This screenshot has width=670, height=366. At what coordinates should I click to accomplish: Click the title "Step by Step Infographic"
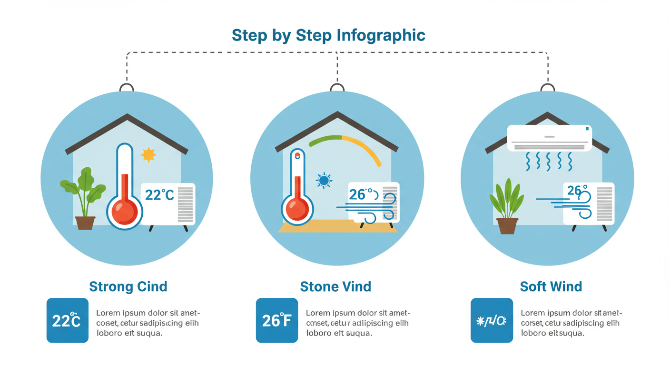328,35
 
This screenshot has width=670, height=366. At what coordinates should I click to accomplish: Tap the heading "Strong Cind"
128,287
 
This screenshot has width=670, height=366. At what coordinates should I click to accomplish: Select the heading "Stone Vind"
335,287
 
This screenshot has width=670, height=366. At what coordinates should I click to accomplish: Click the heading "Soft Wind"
551,287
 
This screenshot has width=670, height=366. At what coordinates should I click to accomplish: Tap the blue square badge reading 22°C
67,320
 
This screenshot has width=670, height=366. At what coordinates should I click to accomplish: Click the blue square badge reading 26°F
277,320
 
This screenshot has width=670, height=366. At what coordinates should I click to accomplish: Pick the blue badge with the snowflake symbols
492,320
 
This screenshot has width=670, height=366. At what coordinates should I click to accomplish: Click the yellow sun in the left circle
148,155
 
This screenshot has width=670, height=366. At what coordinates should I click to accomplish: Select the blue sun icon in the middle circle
324,181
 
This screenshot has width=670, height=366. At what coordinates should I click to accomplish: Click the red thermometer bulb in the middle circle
297,209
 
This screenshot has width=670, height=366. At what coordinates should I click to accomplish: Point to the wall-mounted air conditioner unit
549,137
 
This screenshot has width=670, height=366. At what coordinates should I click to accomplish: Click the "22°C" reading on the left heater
159,195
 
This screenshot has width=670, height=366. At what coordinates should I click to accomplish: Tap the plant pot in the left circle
85,223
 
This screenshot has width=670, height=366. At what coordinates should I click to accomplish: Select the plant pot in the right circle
507,225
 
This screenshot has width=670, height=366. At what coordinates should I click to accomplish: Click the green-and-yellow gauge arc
347,142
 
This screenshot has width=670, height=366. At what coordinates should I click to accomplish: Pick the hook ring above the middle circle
337,88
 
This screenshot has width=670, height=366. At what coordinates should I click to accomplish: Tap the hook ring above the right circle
548,88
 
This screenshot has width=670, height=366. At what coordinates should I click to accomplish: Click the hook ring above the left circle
127,88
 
